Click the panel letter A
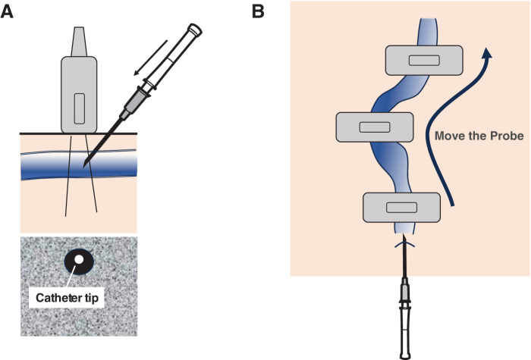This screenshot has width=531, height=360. pyautogui.click(x=7, y=12)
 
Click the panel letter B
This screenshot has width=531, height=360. pyautogui.click(x=258, y=12)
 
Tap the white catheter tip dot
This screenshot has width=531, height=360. pyautogui.click(x=79, y=259)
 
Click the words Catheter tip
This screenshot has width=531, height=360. pyautogui.click(x=67, y=298)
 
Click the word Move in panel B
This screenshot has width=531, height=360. pyautogui.click(x=447, y=136)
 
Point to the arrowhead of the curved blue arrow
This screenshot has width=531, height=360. pyautogui.click(x=487, y=53)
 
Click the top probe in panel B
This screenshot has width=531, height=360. pyautogui.click(x=424, y=60)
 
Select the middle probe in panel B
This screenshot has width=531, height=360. pyautogui.click(x=375, y=127)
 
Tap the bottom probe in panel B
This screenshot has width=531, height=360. pyautogui.click(x=401, y=208)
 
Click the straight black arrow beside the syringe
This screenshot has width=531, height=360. pyautogui.click(x=150, y=57)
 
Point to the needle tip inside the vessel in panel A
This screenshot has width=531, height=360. pyautogui.click(x=84, y=167)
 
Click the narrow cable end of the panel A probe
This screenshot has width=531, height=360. pyautogui.click(x=79, y=41)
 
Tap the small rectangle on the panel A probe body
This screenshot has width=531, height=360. pyautogui.click(x=79, y=108)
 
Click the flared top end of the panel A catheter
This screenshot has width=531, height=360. pyautogui.click(x=195, y=29)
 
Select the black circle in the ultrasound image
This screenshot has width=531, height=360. pyautogui.click(x=79, y=262)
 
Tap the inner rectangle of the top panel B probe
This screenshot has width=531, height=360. pyautogui.click(x=424, y=60)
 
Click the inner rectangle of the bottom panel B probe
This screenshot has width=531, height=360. pyautogui.click(x=401, y=208)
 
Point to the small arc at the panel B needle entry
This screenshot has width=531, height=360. pyautogui.click(x=404, y=244)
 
